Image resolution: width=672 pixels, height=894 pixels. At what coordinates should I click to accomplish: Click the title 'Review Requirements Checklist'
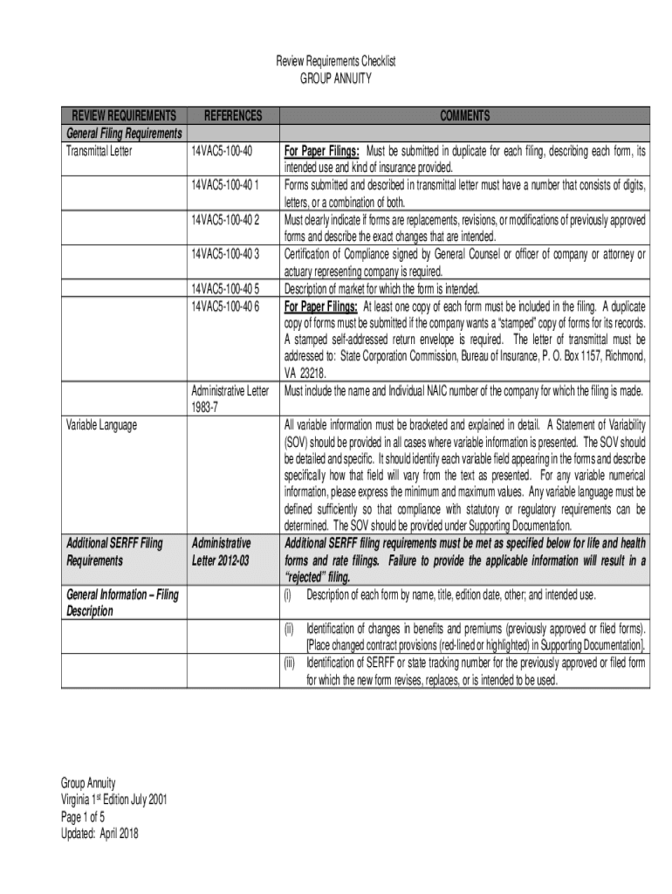click(336, 62)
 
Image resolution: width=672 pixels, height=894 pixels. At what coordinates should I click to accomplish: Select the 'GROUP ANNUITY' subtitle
click(336, 79)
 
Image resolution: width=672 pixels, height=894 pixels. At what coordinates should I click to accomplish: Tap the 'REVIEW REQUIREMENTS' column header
click(123, 116)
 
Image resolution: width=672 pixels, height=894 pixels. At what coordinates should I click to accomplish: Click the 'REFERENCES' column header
click(232, 116)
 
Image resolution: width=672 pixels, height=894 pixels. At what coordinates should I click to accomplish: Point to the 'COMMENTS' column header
click(464, 116)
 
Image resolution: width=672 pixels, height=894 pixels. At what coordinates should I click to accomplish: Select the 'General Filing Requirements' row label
click(124, 133)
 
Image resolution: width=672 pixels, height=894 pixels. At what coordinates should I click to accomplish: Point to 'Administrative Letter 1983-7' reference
click(230, 399)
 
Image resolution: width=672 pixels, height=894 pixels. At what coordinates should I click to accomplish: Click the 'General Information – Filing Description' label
click(122, 602)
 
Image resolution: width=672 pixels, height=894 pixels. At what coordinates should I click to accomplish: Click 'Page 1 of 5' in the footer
click(83, 816)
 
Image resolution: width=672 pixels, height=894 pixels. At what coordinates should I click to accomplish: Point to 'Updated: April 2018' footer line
click(99, 833)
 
